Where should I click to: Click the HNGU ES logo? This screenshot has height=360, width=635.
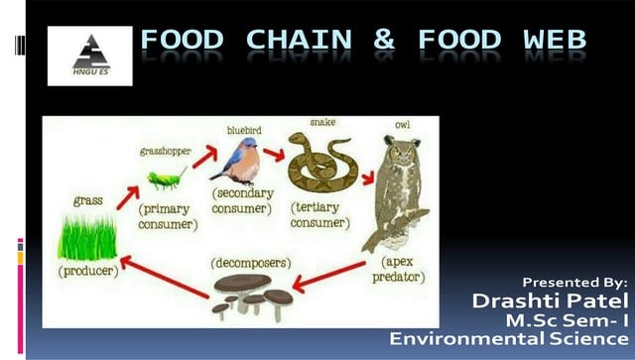[89, 56]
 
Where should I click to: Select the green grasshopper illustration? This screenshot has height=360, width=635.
[168, 179]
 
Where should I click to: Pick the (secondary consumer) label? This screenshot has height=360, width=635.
[241, 201]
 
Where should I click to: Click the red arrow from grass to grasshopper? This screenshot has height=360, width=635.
[128, 196]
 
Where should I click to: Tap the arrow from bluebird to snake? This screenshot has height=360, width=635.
[274, 155]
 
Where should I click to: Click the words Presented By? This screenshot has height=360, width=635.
[574, 282]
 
